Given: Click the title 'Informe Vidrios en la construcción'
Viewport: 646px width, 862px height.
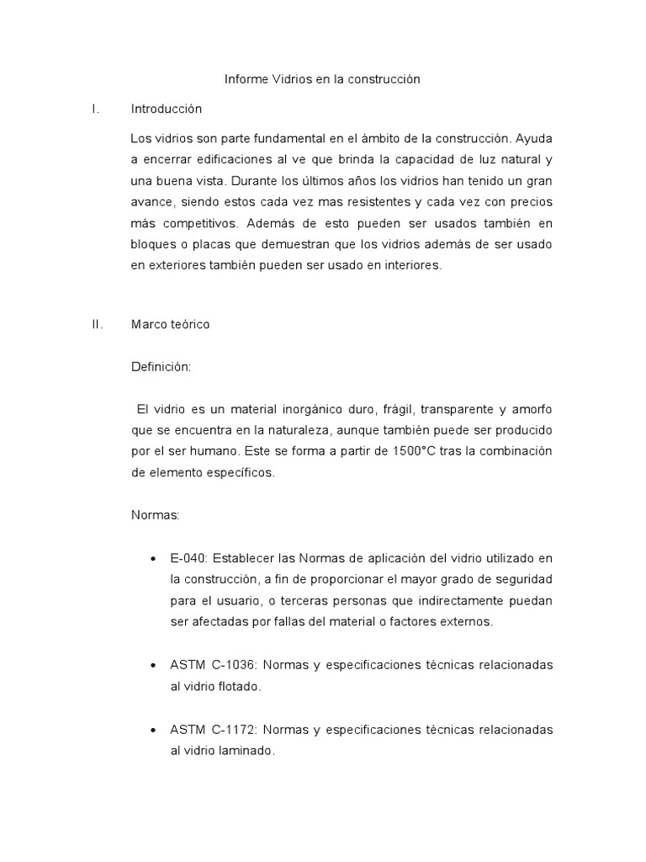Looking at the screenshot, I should point(322,79).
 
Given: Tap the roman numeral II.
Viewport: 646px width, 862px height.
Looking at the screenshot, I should point(96,324).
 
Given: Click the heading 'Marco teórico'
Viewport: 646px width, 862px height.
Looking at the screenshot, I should point(171,324).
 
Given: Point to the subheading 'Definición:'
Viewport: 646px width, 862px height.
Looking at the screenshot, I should point(161,367).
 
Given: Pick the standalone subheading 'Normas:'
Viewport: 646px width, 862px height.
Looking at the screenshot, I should point(156,515).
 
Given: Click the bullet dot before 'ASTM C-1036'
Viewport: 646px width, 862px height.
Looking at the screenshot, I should point(153,666).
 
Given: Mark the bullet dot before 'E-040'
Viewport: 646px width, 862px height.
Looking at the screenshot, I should point(153,560).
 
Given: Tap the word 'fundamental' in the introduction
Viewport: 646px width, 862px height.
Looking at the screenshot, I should point(298,138).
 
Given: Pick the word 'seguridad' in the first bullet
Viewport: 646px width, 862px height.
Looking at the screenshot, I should point(517,580).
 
